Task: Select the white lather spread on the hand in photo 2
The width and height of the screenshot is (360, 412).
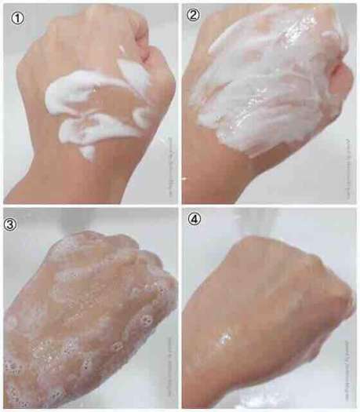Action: (259, 86)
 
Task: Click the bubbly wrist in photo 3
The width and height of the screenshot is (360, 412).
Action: (31, 361)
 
